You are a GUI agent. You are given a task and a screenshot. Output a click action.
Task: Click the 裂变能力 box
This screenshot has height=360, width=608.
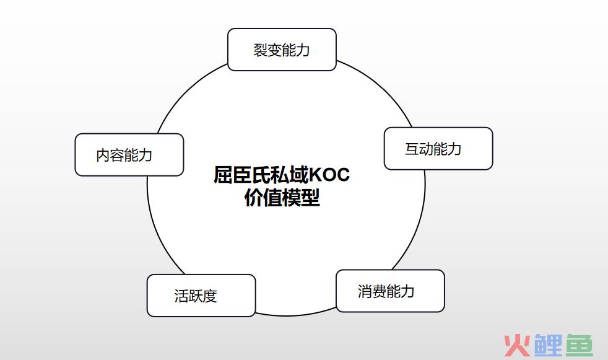coord(282,50)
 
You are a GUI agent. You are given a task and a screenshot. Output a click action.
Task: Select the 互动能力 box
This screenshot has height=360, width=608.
coord(438,149)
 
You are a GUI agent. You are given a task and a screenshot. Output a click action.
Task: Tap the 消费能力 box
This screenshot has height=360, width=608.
coord(390,291)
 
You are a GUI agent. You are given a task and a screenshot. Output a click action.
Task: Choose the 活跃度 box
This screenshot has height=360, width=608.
coord(201,296)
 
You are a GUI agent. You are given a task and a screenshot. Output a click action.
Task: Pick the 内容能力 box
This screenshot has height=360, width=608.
coord(129,155)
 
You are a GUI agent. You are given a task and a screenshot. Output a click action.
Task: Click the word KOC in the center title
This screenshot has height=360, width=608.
coord(329,175)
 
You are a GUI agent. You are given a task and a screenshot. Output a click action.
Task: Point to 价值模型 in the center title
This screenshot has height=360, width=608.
coord(282,198)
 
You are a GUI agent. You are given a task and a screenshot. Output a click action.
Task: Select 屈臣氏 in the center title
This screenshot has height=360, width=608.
coord(242,175)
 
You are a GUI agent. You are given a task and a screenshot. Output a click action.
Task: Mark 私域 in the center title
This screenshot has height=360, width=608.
coord(290,175)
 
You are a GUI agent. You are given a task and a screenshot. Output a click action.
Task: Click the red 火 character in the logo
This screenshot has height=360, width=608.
coord(517,345)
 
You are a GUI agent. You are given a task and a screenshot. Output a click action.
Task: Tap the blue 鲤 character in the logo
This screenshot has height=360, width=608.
coord(548,345)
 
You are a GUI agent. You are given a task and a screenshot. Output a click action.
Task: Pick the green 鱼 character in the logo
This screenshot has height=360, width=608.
coord(579,345)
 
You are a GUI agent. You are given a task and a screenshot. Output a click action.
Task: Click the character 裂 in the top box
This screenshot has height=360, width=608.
coord(260,50)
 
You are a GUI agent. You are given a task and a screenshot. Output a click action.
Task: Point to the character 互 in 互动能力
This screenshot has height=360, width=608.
coord(412,149)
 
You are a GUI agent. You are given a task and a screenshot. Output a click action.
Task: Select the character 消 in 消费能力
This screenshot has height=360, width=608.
coord(365,291)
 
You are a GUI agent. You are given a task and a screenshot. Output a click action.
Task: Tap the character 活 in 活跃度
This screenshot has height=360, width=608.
coord(181,296)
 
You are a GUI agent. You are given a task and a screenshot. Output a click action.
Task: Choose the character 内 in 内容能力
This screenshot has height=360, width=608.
coord(103,155)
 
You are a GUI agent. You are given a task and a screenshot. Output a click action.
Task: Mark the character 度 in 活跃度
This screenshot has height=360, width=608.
coord(210,296)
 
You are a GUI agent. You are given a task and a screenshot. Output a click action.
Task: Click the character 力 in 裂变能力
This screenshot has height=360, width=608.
coord(303,50)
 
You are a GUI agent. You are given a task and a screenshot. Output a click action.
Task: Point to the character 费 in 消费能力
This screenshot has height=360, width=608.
coord(379,291)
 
